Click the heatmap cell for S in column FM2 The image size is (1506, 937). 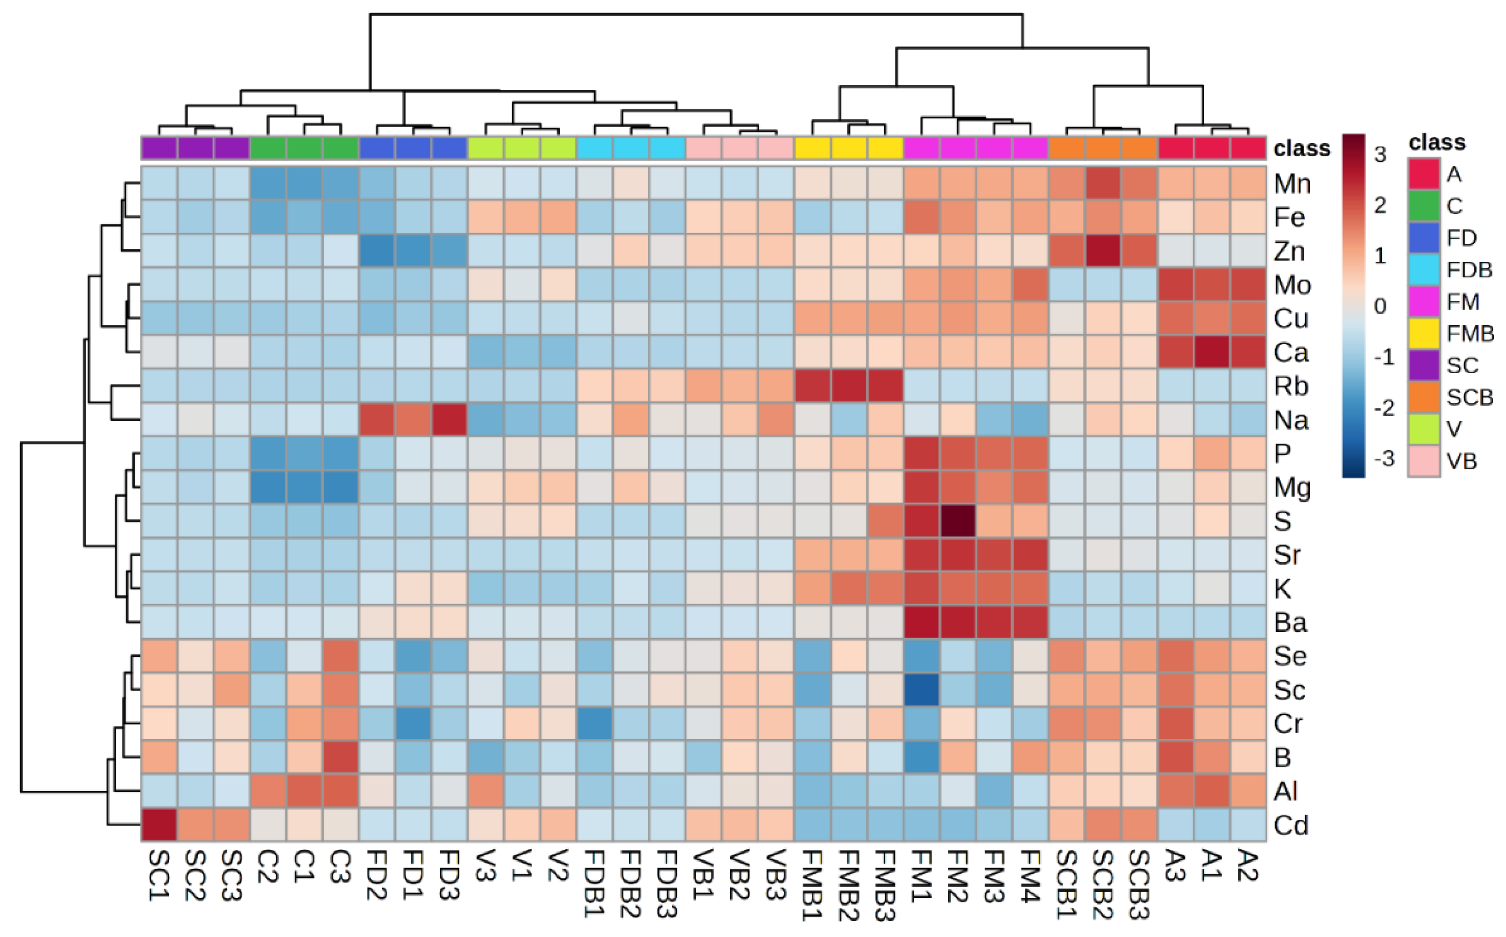(x=958, y=520)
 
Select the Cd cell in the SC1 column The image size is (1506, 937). (x=159, y=824)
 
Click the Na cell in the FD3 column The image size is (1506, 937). (x=449, y=420)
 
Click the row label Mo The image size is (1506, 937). (x=1292, y=285)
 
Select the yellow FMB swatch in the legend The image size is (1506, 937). (x=1423, y=333)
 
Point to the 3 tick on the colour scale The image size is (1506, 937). (x=1379, y=154)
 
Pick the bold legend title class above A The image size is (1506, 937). (x=1437, y=142)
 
